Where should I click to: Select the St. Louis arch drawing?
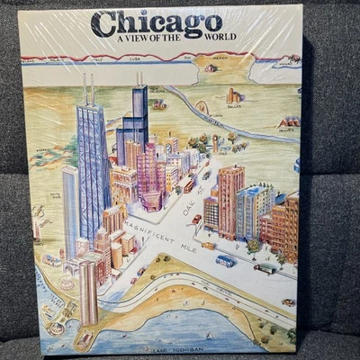(202, 108)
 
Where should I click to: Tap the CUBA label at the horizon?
(135, 59)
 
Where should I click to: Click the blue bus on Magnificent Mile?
(225, 260)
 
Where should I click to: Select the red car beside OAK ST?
(196, 219)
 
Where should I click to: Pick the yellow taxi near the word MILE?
(208, 245)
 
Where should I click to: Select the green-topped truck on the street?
(265, 267)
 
